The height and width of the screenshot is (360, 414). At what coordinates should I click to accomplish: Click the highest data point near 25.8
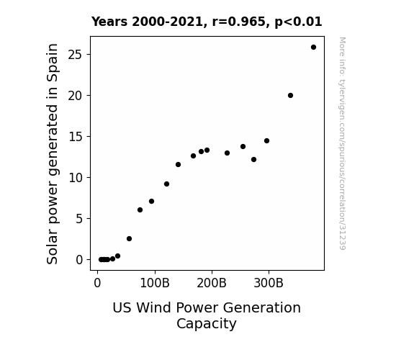[313, 48]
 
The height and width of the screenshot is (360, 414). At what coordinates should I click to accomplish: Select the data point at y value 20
[290, 95]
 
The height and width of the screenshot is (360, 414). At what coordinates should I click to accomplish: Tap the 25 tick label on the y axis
[76, 55]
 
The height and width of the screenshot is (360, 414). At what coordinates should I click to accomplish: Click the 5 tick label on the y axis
[79, 219]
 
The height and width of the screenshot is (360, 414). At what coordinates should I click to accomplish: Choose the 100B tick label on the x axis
[155, 283]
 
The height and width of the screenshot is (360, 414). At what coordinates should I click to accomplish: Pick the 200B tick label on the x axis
[212, 283]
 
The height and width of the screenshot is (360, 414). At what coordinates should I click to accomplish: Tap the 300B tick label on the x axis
[269, 283]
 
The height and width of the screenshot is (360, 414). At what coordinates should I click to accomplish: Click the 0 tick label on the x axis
[97, 283]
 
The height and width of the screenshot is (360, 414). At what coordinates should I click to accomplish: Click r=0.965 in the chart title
[239, 22]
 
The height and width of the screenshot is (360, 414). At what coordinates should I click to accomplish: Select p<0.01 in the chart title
[298, 22]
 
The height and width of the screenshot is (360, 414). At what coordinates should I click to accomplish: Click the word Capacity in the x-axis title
[207, 324]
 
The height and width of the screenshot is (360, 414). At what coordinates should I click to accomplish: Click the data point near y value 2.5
[129, 238]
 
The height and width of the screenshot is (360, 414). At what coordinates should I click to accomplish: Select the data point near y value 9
[166, 184]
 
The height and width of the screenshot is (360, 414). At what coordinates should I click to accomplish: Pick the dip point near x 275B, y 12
[253, 159]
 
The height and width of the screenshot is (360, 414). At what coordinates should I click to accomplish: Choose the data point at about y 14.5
[266, 141]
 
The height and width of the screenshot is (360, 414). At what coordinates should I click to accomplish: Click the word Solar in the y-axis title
[52, 248]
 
